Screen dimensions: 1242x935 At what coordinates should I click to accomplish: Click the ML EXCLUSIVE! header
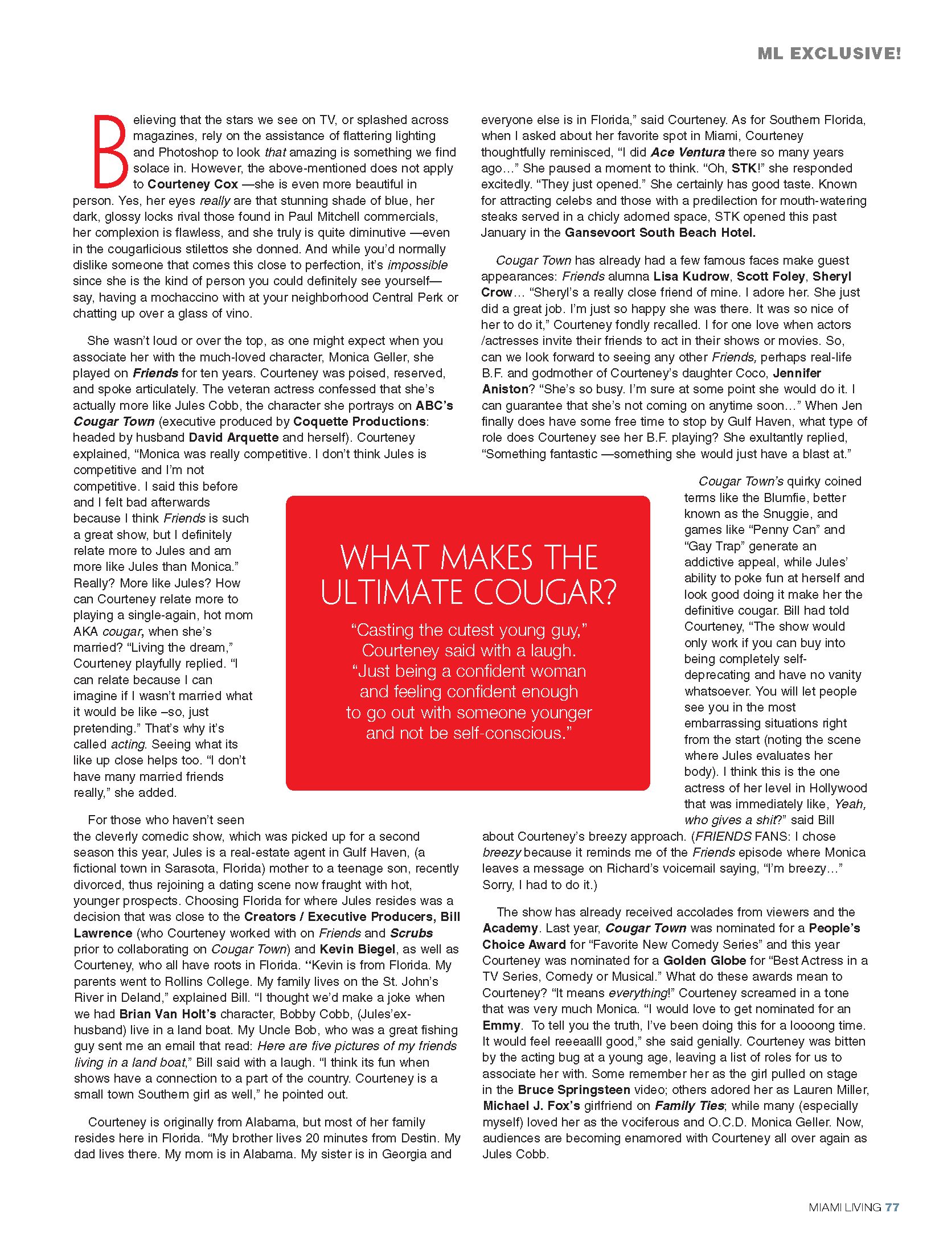click(x=829, y=54)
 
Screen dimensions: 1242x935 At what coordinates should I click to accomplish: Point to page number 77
click(x=892, y=1207)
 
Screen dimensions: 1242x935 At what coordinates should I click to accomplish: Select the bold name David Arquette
click(x=233, y=438)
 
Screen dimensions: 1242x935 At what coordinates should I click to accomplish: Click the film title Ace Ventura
click(x=687, y=152)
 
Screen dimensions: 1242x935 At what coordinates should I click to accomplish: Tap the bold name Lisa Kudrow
click(x=691, y=277)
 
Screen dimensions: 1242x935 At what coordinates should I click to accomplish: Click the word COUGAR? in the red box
click(x=545, y=593)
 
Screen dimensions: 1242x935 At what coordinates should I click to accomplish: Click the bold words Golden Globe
click(x=704, y=961)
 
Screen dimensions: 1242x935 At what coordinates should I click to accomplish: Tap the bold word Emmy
click(x=501, y=1026)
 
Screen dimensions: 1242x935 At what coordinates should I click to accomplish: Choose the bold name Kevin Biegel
click(x=357, y=949)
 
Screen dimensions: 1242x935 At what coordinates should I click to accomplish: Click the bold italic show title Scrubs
click(x=411, y=933)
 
